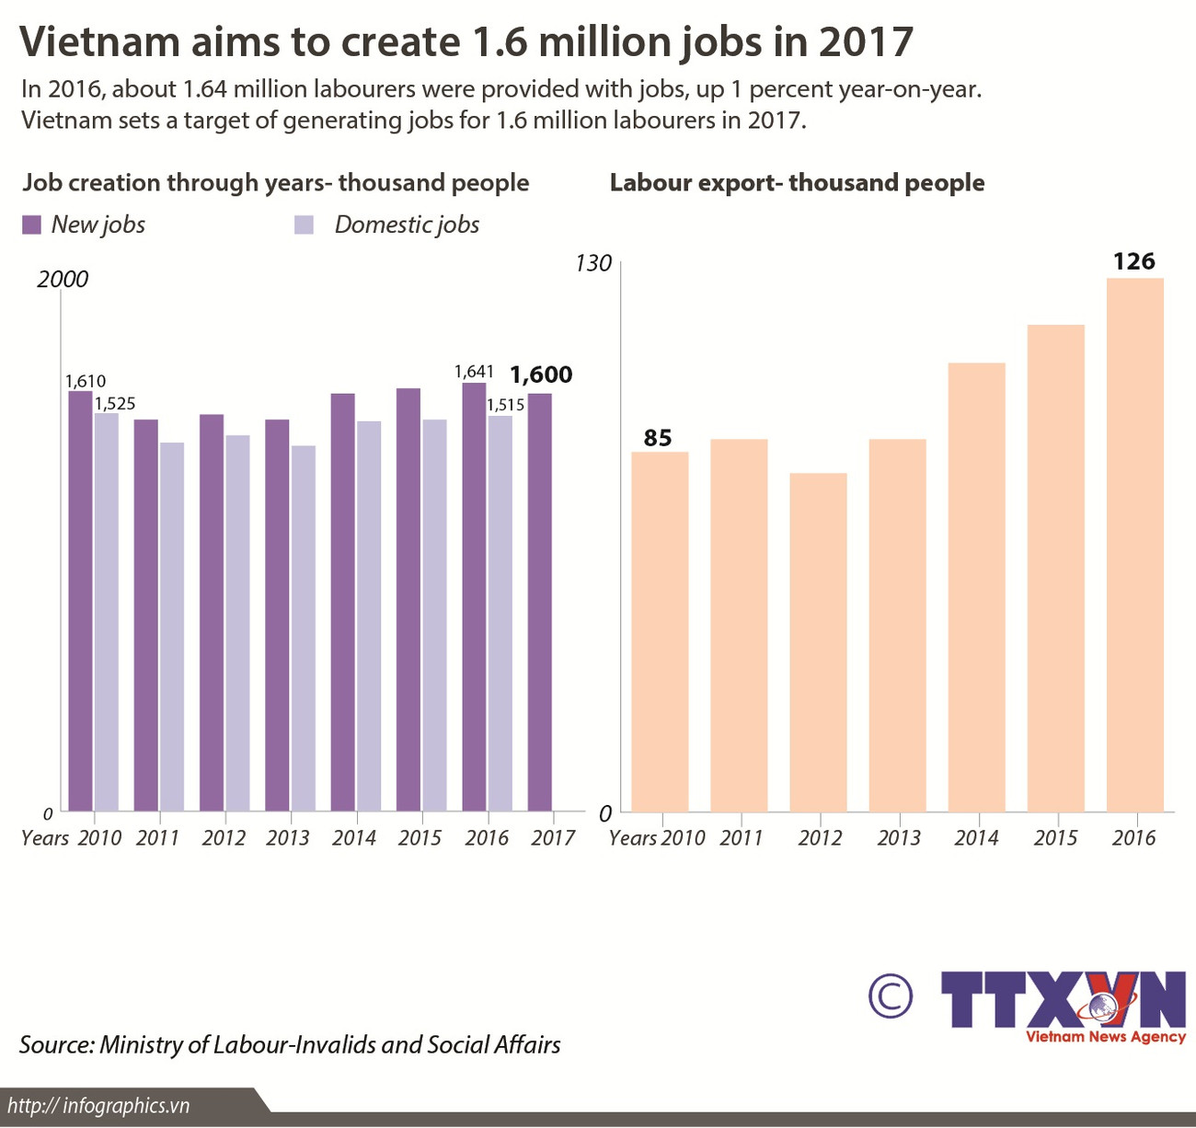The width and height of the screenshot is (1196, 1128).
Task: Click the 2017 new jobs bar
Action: point(540,602)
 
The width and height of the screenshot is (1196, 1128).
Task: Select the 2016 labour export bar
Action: point(1134,544)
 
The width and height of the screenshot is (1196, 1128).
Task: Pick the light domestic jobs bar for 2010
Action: point(107,612)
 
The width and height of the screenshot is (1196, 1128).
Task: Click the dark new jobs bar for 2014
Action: point(343,602)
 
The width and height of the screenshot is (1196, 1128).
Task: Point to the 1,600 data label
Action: point(541,374)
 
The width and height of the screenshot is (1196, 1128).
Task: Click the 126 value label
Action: point(1133,262)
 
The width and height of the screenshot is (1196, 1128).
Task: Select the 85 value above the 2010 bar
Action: point(658,438)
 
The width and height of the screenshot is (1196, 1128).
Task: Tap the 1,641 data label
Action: point(475,372)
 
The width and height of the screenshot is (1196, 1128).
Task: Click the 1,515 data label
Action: point(505,405)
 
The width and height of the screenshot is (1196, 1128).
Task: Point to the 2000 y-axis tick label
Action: point(63,280)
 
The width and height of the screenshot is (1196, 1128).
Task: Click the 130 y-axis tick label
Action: point(593,264)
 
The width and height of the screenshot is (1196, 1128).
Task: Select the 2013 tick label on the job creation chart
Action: point(288,838)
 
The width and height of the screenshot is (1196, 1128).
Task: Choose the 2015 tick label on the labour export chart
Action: point(1055,838)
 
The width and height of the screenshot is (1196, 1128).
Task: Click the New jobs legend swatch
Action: point(32,225)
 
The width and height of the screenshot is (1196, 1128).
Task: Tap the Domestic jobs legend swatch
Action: point(305,225)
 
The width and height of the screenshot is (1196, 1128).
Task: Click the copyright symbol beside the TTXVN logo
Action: point(890,996)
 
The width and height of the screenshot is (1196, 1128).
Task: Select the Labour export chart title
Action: point(797,183)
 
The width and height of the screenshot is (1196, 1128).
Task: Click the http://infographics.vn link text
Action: point(98,1105)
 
